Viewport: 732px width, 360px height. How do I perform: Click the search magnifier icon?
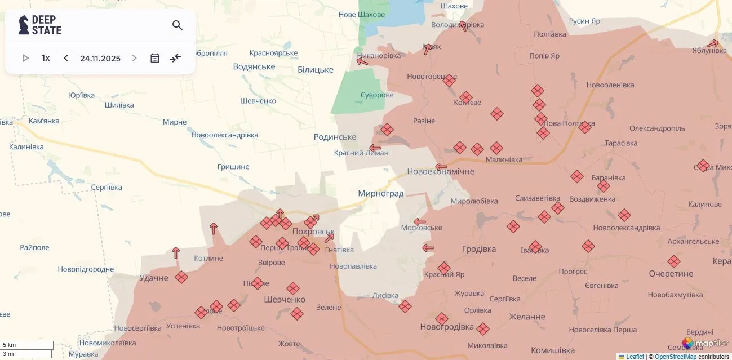[x=178, y=25]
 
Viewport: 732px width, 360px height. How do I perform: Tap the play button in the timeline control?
[x=25, y=58]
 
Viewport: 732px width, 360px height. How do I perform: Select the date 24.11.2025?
[x=100, y=58]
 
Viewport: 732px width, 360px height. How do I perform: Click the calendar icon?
[x=155, y=58]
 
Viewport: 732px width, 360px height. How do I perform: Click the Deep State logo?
[x=40, y=25]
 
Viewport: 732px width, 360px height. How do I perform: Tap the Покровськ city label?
[x=313, y=232]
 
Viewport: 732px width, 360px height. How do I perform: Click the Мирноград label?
[x=381, y=194]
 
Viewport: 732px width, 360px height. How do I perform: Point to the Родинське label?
[x=335, y=137]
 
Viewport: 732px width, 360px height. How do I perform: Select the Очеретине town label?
[x=671, y=274]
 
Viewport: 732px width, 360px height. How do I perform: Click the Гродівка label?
[x=479, y=249]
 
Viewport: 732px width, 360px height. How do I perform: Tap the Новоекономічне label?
[x=441, y=171]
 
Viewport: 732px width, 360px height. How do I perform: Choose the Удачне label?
[x=154, y=278]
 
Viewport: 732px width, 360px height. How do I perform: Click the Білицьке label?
[x=316, y=70]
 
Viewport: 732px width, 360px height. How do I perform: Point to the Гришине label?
[x=233, y=167]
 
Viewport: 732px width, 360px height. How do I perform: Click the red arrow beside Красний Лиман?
[x=375, y=149]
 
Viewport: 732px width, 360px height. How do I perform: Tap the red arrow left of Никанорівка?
[x=362, y=61]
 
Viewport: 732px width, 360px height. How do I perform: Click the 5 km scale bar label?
[x=10, y=345]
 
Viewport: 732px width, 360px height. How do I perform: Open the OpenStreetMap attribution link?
[x=675, y=357]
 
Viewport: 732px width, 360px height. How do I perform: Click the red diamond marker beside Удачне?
[x=181, y=277]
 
